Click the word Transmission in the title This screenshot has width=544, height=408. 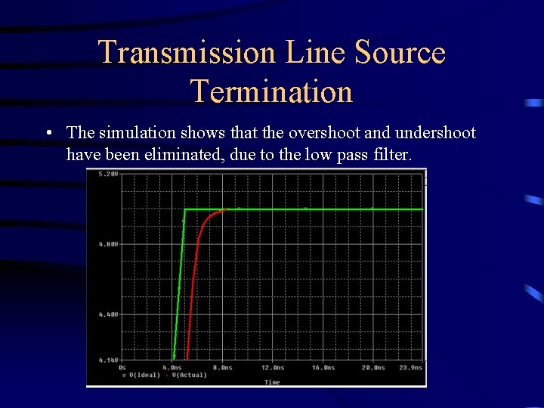tap(187, 53)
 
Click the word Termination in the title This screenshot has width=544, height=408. tap(272, 91)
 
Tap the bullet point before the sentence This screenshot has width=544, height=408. tap(48, 134)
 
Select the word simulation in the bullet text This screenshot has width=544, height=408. tap(134, 133)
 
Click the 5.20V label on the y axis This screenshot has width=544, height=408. tap(108, 174)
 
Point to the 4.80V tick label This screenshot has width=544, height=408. tap(108, 244)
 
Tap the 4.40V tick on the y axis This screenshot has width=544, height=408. tap(108, 314)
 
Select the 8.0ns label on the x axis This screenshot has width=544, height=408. tap(223, 367)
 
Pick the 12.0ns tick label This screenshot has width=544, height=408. tap(273, 367)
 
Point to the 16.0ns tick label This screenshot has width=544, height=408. tap(323, 367)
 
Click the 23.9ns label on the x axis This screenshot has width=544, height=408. tap(410, 367)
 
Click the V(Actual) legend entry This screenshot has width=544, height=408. tap(189, 375)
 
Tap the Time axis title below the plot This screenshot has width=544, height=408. tap(272, 382)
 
